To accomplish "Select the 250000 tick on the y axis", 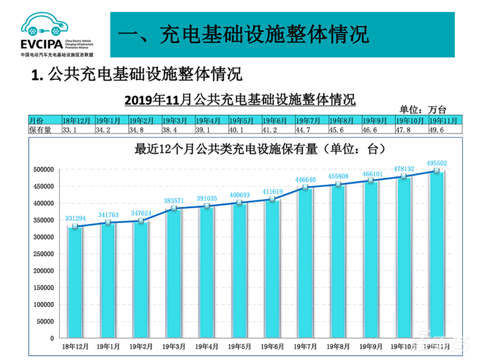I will pos(44,254).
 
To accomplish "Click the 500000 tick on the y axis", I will pos(44,170).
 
